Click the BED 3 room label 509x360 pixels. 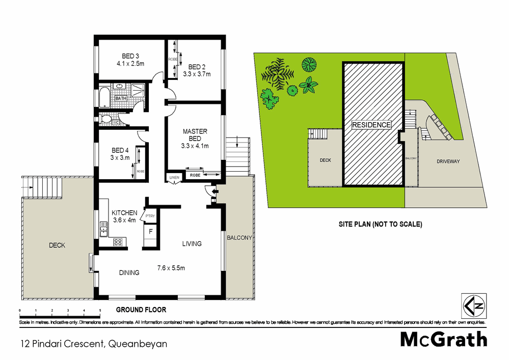130,56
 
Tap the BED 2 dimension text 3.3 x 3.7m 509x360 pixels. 197,74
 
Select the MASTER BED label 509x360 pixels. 195,135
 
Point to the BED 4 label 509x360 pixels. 121,150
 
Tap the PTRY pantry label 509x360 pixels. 150,216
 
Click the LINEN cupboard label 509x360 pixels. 174,177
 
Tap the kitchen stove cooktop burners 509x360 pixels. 119,242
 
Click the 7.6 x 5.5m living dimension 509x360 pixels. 171,268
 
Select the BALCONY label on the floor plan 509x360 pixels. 239,238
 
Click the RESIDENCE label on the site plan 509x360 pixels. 371,125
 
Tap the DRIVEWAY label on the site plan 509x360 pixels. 448,161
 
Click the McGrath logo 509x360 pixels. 443,339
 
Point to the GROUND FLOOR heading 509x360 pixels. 141,310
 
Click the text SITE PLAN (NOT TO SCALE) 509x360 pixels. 381,224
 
